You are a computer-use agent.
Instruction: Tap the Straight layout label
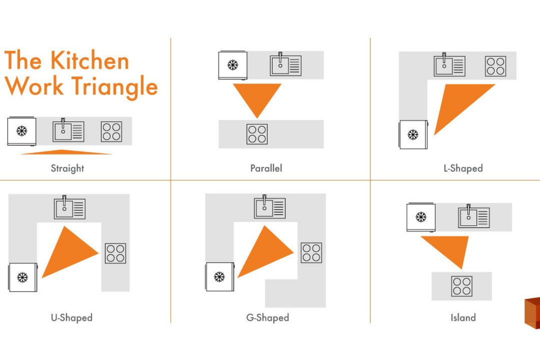click(x=67, y=168)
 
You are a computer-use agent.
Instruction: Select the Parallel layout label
click(x=266, y=168)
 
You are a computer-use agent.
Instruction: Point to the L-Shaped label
click(x=463, y=168)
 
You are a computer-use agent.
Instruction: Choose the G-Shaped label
click(x=268, y=317)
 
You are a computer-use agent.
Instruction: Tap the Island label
click(x=463, y=317)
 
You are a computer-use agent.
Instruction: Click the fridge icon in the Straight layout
click(x=22, y=131)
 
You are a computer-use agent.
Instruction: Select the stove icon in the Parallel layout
click(x=257, y=134)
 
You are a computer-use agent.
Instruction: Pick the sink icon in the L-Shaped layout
click(x=449, y=65)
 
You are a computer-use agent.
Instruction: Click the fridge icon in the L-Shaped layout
click(x=413, y=134)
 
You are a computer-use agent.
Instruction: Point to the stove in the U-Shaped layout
click(x=115, y=253)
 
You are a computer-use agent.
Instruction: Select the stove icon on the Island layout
click(x=461, y=286)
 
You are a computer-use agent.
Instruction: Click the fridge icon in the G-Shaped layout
click(x=219, y=277)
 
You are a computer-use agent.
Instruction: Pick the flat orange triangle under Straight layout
click(x=66, y=152)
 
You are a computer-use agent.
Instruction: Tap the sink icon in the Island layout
click(x=474, y=217)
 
